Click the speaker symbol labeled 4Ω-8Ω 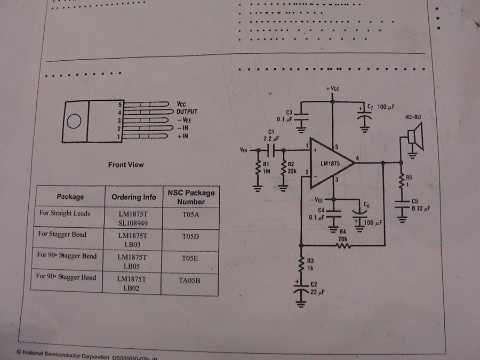414,137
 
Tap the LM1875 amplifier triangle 330,163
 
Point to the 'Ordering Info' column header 134,197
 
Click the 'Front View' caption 125,165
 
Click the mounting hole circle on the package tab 74,121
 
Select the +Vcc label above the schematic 332,88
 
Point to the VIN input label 245,151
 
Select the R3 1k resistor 301,263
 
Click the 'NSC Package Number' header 191,197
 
